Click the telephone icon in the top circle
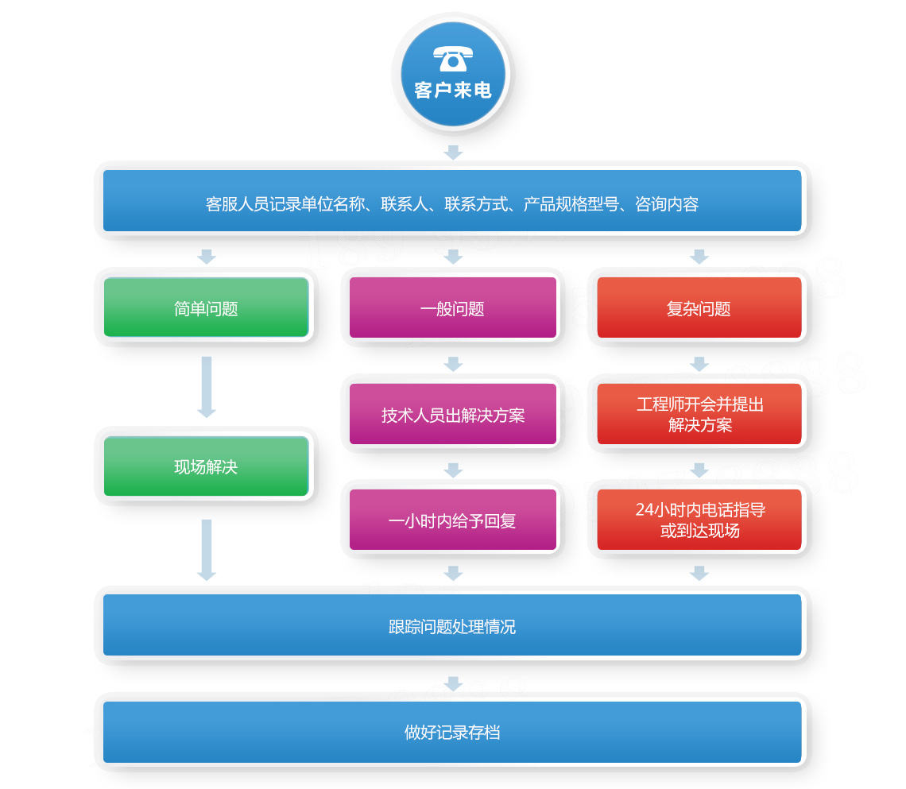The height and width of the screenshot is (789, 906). click(453, 58)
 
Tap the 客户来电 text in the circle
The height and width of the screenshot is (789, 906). click(453, 90)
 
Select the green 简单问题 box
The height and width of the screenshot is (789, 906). click(206, 308)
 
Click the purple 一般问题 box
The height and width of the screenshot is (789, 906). click(453, 308)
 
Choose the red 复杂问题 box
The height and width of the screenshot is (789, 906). click(699, 308)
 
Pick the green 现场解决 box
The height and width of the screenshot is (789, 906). click(206, 466)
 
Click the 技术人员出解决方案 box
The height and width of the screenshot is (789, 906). click(453, 415)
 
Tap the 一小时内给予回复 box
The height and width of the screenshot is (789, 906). click(453, 520)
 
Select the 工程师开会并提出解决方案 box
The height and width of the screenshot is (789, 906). click(699, 414)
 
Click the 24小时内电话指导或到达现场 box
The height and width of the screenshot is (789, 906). click(699, 520)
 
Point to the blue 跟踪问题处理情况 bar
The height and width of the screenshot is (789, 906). click(453, 626)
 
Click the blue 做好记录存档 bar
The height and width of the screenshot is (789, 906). click(453, 732)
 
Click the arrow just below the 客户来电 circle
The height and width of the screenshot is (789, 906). click(453, 152)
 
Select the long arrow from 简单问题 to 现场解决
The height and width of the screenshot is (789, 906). click(207, 387)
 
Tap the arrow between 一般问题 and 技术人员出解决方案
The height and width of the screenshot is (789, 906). click(453, 364)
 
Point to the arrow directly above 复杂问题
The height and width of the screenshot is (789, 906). click(699, 256)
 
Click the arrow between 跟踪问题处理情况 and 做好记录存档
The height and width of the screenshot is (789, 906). click(453, 683)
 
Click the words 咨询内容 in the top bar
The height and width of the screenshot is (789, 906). click(667, 204)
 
